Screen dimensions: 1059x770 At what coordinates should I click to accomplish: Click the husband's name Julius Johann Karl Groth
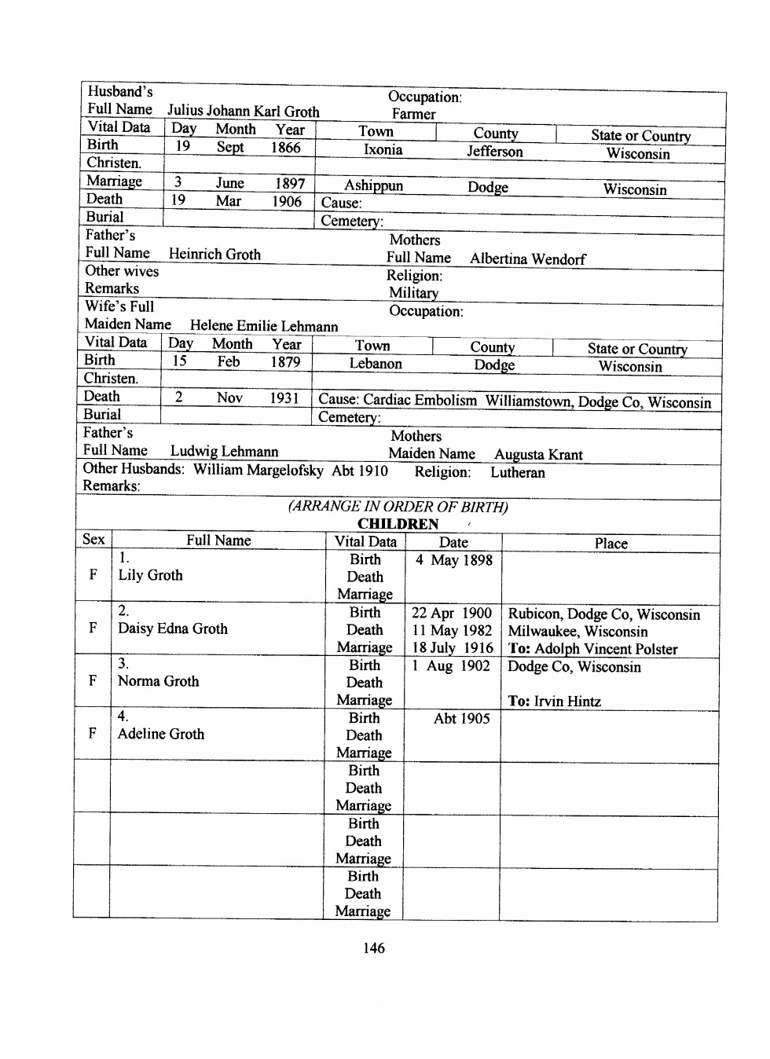[243, 112]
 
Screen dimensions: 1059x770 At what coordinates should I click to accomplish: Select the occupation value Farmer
[413, 115]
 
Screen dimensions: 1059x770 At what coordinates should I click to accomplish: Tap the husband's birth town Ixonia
[383, 150]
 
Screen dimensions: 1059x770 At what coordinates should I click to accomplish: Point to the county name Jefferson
[494, 152]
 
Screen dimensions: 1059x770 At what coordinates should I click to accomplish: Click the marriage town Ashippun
[373, 185]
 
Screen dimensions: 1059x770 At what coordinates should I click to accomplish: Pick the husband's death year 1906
[287, 201]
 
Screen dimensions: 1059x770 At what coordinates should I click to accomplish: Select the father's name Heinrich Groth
[214, 255]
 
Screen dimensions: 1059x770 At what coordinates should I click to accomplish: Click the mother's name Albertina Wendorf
[528, 259]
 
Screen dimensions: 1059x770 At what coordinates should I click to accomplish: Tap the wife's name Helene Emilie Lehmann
[264, 326]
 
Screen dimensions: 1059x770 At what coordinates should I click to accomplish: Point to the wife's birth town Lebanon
[376, 364]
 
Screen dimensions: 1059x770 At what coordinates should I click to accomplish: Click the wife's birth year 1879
[285, 361]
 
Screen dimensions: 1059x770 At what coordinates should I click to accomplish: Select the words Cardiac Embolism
[420, 400]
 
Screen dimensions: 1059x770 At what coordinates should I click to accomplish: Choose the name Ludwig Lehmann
[224, 452]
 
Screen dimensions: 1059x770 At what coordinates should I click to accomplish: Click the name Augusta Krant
[538, 455]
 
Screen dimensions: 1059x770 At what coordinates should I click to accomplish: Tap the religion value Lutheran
[517, 473]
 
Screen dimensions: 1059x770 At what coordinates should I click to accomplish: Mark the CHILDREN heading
[398, 524]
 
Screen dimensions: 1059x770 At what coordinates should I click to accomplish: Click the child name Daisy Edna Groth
[173, 628]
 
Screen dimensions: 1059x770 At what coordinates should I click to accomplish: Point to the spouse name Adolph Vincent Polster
[606, 650]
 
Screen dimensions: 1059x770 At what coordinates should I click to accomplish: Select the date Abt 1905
[461, 719]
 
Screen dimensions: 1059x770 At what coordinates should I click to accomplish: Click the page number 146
[374, 948]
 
